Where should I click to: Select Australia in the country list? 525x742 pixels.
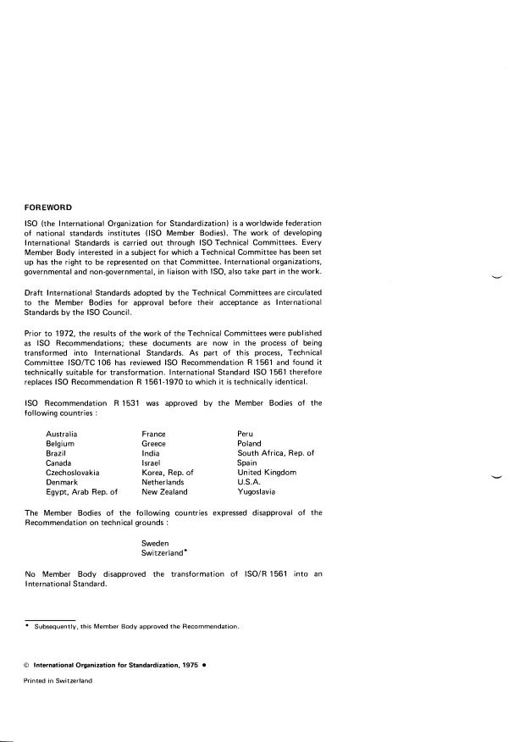tap(64, 433)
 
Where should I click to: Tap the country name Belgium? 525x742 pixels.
tap(61, 443)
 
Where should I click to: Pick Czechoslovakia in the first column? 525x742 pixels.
tap(74, 472)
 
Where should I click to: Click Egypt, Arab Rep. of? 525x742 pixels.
tap(81, 491)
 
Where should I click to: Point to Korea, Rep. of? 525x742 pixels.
tap(169, 472)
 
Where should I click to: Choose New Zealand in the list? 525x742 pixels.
tap(165, 491)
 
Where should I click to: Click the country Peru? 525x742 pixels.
tap(246, 433)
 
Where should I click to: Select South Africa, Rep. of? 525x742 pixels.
tap(276, 452)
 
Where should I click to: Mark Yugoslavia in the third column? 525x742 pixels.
tap(257, 491)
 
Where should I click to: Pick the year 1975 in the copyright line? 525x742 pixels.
tap(188, 665)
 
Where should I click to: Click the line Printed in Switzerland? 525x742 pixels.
tap(58, 680)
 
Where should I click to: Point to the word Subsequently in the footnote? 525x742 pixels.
tap(54, 627)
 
